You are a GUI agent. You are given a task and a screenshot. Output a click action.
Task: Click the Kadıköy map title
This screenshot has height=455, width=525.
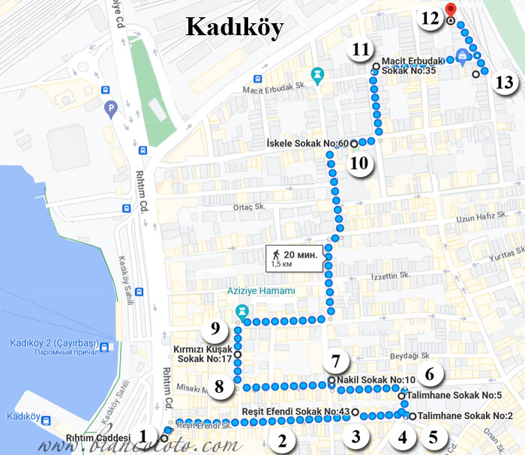point(234,28)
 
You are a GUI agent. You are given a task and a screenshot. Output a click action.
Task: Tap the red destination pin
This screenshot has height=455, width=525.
point(450,10)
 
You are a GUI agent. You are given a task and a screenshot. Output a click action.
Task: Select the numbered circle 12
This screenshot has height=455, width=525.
point(430,19)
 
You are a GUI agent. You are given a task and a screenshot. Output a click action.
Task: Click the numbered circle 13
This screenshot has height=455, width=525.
point(505,82)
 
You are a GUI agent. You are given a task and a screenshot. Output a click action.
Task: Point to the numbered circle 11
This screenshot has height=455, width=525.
point(361,50)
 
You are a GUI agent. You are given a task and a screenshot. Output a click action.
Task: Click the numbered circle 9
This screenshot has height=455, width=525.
point(214,328)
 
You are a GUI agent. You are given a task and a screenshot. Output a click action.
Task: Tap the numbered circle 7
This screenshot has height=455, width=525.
point(336,360)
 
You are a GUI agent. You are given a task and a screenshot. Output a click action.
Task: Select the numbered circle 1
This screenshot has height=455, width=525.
point(144,435)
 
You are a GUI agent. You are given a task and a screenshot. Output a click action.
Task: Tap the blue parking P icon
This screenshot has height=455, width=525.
point(110,109)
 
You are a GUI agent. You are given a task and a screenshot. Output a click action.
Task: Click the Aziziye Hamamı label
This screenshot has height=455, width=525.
point(259,291)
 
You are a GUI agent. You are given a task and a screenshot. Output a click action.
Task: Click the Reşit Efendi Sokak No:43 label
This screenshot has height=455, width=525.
point(296,412)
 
